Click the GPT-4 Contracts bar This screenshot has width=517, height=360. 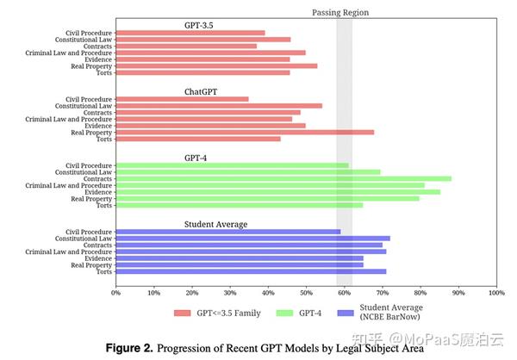point(283,178)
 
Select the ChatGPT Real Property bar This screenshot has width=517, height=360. point(245,133)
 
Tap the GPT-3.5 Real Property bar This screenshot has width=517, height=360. point(216,65)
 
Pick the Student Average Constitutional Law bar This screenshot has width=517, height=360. point(252,238)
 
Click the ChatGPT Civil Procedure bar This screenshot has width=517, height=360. point(182,99)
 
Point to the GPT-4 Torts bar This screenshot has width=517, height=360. point(239,205)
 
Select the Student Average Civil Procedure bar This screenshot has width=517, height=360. point(227,231)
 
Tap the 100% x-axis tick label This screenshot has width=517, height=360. point(495,292)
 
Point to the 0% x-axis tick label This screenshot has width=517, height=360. point(115,292)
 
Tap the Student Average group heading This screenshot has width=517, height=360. point(215,224)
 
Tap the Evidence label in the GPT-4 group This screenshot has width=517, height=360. point(97,191)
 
